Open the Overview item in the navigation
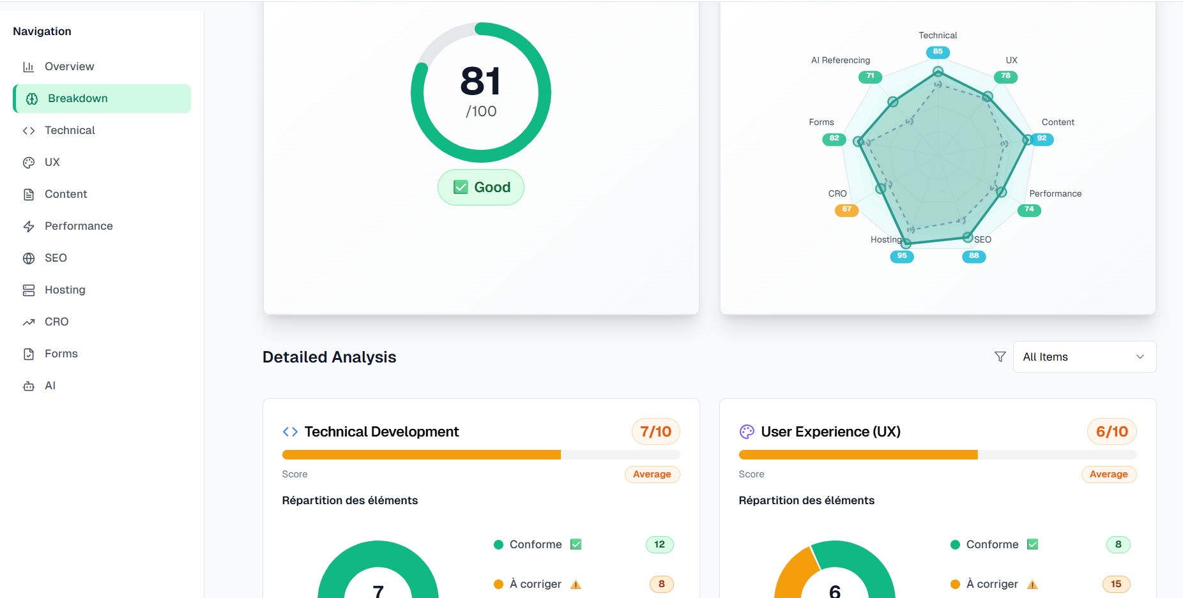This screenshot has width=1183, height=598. click(69, 66)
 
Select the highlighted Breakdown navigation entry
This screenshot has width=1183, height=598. click(77, 98)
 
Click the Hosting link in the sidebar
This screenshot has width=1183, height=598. click(65, 290)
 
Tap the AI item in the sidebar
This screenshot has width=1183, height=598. click(50, 385)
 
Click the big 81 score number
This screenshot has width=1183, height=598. click(480, 82)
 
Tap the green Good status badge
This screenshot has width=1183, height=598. click(481, 187)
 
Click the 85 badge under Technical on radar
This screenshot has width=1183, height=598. click(937, 52)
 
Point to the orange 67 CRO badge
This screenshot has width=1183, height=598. click(846, 209)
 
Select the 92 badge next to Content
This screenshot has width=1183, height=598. click(1041, 138)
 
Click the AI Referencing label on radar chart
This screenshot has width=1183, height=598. click(840, 60)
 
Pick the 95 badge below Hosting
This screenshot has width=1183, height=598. click(901, 256)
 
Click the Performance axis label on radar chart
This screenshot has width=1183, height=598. click(1055, 193)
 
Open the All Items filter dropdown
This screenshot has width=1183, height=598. click(1084, 357)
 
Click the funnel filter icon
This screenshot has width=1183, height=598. click(1000, 357)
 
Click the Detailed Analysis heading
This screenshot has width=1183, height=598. click(329, 357)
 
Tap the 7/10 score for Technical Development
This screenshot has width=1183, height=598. click(655, 431)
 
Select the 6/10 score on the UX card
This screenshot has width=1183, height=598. click(1111, 431)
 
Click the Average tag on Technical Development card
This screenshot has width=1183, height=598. click(652, 474)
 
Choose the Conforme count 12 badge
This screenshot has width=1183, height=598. click(659, 544)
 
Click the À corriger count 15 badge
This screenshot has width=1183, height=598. click(1115, 584)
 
